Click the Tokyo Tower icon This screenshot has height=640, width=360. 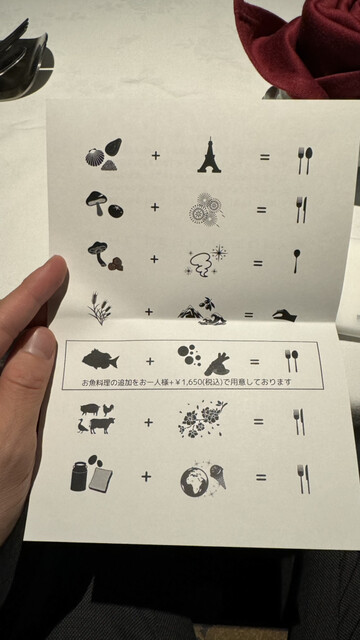209,156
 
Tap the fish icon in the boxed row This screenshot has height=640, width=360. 100,360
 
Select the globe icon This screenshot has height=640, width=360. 194,482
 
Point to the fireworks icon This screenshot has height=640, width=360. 205,209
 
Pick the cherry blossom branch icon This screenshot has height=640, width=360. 202,419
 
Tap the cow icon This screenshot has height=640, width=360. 102,425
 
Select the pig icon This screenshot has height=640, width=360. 90,409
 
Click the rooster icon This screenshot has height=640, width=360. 108,409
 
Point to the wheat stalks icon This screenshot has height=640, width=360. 99,308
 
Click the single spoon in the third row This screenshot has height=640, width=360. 296,261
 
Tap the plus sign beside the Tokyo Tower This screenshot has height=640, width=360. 156,155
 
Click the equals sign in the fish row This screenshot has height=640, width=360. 254,362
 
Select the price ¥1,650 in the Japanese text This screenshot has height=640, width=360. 197,382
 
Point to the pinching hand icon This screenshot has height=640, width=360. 284,315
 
